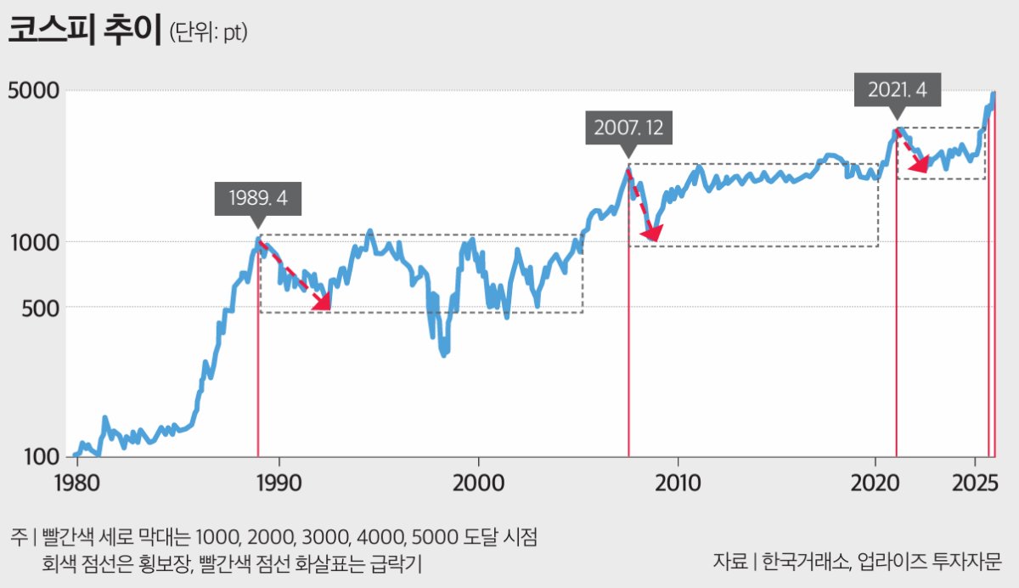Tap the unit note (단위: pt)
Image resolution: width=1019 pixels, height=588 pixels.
coord(208,33)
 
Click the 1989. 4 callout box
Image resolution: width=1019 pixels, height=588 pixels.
coord(258,199)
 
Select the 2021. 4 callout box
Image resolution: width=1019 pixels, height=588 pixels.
coord(898,90)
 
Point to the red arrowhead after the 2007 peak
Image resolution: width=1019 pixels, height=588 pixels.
coord(652,231)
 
